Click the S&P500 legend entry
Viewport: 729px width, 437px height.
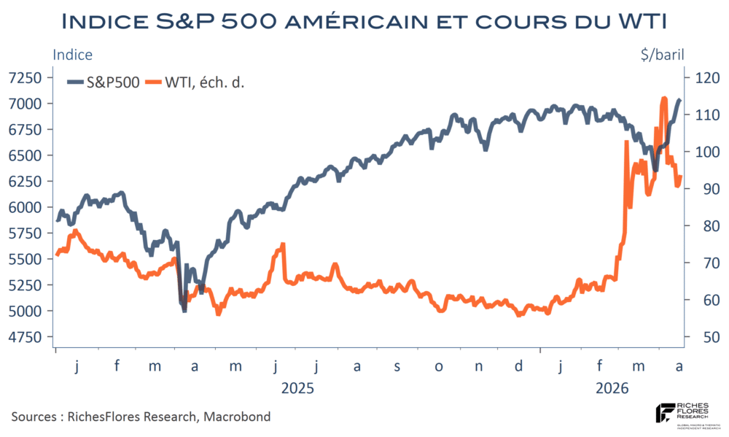105,82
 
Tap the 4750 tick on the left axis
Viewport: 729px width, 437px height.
26,337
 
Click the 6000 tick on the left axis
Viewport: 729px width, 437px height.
26,207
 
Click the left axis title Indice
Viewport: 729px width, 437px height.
72,54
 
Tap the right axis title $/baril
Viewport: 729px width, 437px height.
658,54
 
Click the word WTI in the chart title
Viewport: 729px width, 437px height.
636,20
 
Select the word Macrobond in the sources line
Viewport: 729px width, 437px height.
239,417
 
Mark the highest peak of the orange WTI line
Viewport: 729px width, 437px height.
663,98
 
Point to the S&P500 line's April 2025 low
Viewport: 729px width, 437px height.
184,310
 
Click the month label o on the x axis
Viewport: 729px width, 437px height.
438,366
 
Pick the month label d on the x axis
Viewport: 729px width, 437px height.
518,366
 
